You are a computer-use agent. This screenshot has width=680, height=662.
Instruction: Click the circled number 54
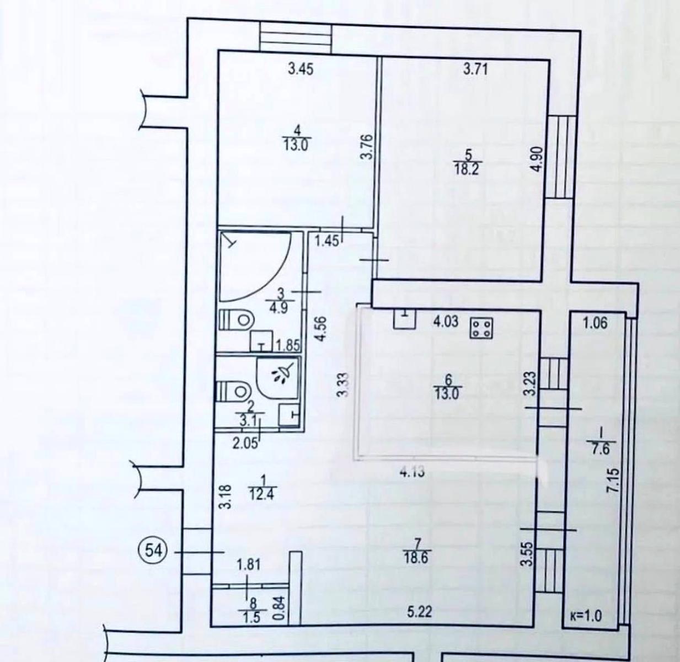pos(154,552)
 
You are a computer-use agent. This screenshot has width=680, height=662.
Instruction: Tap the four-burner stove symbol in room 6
pos(482,328)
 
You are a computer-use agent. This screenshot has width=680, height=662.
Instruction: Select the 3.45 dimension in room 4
pos(301,70)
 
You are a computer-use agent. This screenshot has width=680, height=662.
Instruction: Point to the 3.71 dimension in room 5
pos(475,70)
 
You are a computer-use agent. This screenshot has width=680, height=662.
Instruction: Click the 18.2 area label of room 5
pos(468,169)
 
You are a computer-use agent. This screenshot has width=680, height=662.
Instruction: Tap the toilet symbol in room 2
pos(233,392)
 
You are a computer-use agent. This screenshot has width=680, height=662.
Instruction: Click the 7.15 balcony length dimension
pos(614,481)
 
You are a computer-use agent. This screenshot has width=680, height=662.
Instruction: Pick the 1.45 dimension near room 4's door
pos(326,241)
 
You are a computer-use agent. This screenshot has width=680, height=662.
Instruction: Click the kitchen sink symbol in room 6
pos(405,319)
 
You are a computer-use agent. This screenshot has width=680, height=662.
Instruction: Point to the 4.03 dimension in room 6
pos(446,321)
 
